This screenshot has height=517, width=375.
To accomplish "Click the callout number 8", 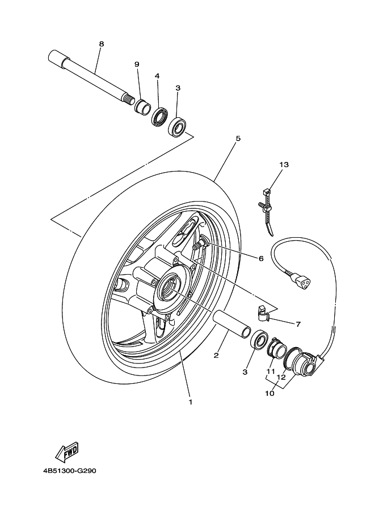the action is (x=102, y=44).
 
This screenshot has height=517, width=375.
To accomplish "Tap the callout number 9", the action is (x=137, y=65).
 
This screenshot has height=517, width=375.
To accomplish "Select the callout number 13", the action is (x=284, y=164).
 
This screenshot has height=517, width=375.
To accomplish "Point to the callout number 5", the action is (x=238, y=138).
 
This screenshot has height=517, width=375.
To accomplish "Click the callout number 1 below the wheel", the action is (x=190, y=402).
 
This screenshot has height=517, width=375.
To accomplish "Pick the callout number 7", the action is (x=298, y=324).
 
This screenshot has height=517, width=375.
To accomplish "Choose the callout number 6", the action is (x=261, y=258).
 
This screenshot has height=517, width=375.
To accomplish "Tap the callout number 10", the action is (x=270, y=394).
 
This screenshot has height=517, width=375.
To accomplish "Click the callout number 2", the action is (x=216, y=356).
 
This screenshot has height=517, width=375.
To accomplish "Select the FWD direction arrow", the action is (x=67, y=452).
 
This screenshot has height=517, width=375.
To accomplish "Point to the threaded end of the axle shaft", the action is (x=129, y=99).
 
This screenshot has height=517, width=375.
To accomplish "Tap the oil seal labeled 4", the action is (x=160, y=117).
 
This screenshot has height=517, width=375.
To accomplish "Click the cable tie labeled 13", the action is (x=267, y=211).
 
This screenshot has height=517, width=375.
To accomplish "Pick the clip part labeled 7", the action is (x=263, y=314).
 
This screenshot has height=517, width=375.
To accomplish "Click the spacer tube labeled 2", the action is (x=232, y=324).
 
